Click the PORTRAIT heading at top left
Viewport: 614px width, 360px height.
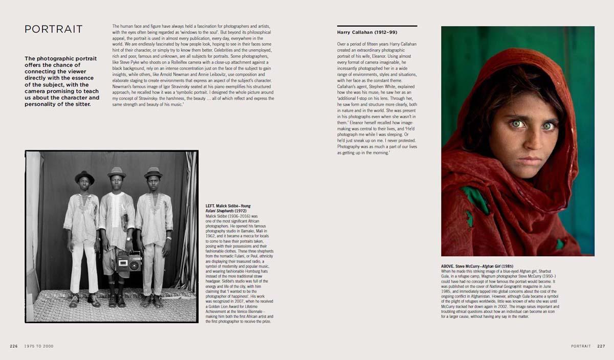click(x=53, y=29)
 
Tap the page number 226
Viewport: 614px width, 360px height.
click(x=14, y=346)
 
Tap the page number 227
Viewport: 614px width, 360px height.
click(x=601, y=346)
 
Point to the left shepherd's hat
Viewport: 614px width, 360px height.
click(x=84, y=177)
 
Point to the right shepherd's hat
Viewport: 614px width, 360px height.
click(x=152, y=173)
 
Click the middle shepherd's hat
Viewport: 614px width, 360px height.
click(x=117, y=172)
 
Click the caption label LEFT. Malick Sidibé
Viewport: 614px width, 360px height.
click(x=221, y=205)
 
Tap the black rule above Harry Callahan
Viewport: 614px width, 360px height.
click(x=377, y=26)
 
